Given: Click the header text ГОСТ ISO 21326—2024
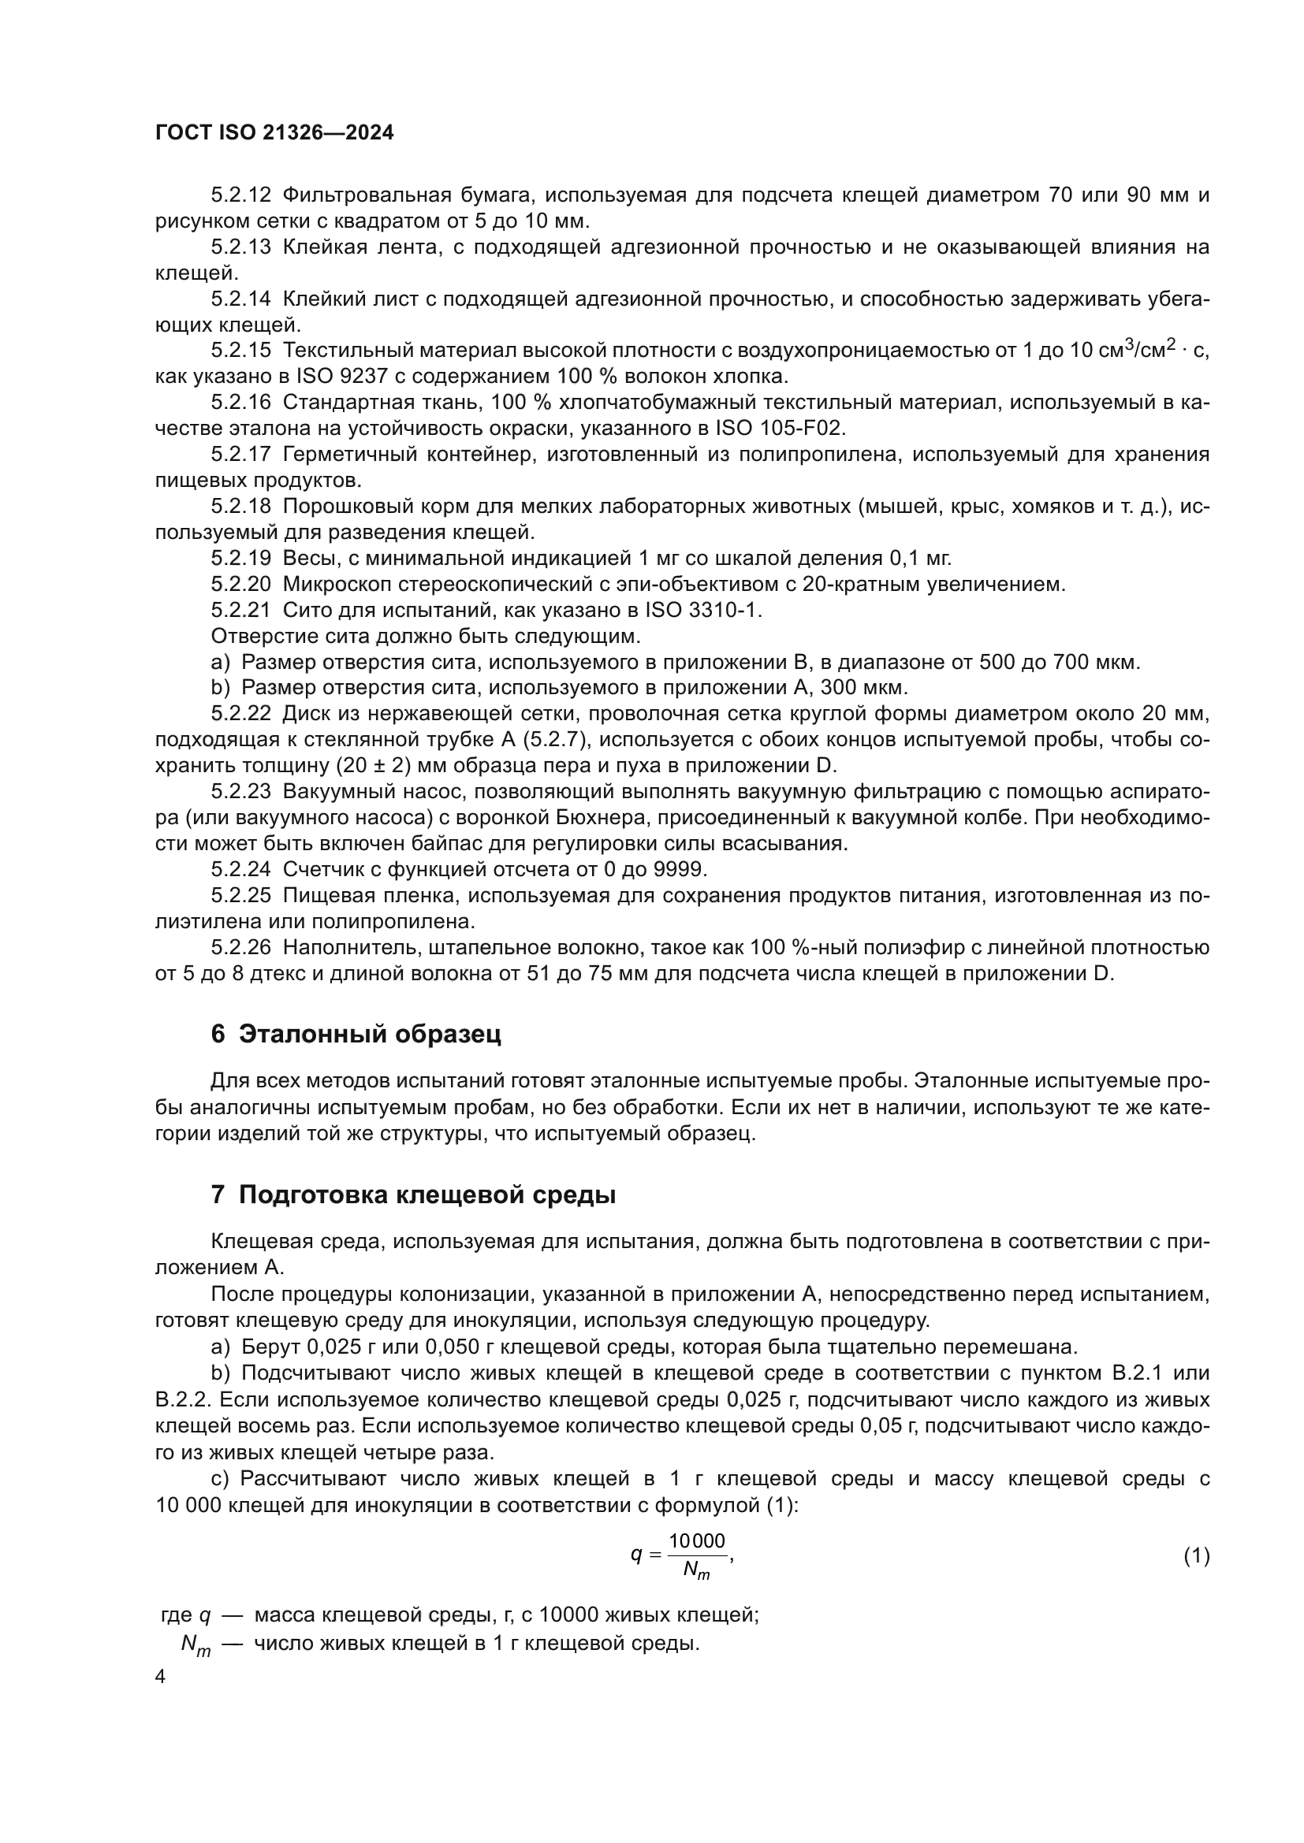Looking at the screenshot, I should (x=274, y=133).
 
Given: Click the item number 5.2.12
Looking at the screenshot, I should (x=241, y=195).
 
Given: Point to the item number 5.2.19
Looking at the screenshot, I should (x=241, y=558).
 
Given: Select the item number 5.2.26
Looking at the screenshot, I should (x=241, y=948).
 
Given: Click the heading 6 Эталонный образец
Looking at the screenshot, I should (x=356, y=1034).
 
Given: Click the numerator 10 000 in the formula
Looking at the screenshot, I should (x=697, y=1541).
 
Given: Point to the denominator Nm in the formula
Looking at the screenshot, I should (x=695, y=1571).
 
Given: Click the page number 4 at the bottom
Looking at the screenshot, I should (x=161, y=1678).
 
